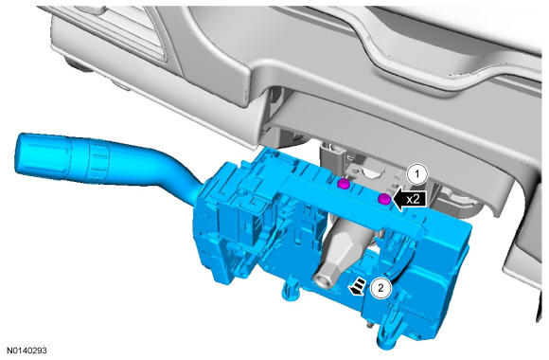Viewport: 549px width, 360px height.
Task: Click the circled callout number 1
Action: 416,174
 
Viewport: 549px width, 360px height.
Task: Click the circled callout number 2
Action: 381,288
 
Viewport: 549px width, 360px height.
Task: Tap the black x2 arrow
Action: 409,200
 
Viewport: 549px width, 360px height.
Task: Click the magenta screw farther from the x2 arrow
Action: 343,184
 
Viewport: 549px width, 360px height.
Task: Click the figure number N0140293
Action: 27,351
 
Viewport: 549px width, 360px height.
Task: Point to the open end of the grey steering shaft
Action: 322,279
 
